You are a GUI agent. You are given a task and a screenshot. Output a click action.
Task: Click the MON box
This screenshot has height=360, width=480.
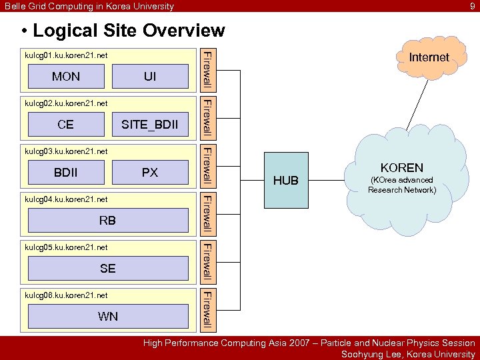(x=66, y=77)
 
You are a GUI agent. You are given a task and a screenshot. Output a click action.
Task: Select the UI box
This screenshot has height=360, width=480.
(x=150, y=77)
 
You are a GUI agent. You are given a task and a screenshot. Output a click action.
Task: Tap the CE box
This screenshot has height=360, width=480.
(x=66, y=124)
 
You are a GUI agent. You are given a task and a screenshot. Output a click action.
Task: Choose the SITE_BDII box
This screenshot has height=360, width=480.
(x=150, y=124)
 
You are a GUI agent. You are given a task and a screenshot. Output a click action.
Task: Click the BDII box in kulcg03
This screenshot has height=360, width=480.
(x=66, y=172)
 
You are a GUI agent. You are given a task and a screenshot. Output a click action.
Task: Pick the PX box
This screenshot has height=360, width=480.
(x=150, y=172)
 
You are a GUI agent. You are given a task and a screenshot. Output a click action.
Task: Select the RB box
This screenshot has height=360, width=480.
(x=107, y=220)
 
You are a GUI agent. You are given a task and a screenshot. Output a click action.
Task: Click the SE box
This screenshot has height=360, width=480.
(x=107, y=268)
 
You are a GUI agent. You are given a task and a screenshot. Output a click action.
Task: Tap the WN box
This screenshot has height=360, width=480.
(x=107, y=316)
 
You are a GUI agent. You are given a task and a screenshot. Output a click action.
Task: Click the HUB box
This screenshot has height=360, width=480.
(x=286, y=181)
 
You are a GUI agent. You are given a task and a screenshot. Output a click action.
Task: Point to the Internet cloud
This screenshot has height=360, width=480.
(x=429, y=57)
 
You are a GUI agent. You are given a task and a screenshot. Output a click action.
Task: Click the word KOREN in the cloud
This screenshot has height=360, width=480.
(x=401, y=168)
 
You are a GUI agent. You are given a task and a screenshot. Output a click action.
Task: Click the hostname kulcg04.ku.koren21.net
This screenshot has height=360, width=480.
(x=66, y=199)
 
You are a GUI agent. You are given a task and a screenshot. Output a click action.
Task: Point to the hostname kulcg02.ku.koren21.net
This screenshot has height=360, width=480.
(x=66, y=103)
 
